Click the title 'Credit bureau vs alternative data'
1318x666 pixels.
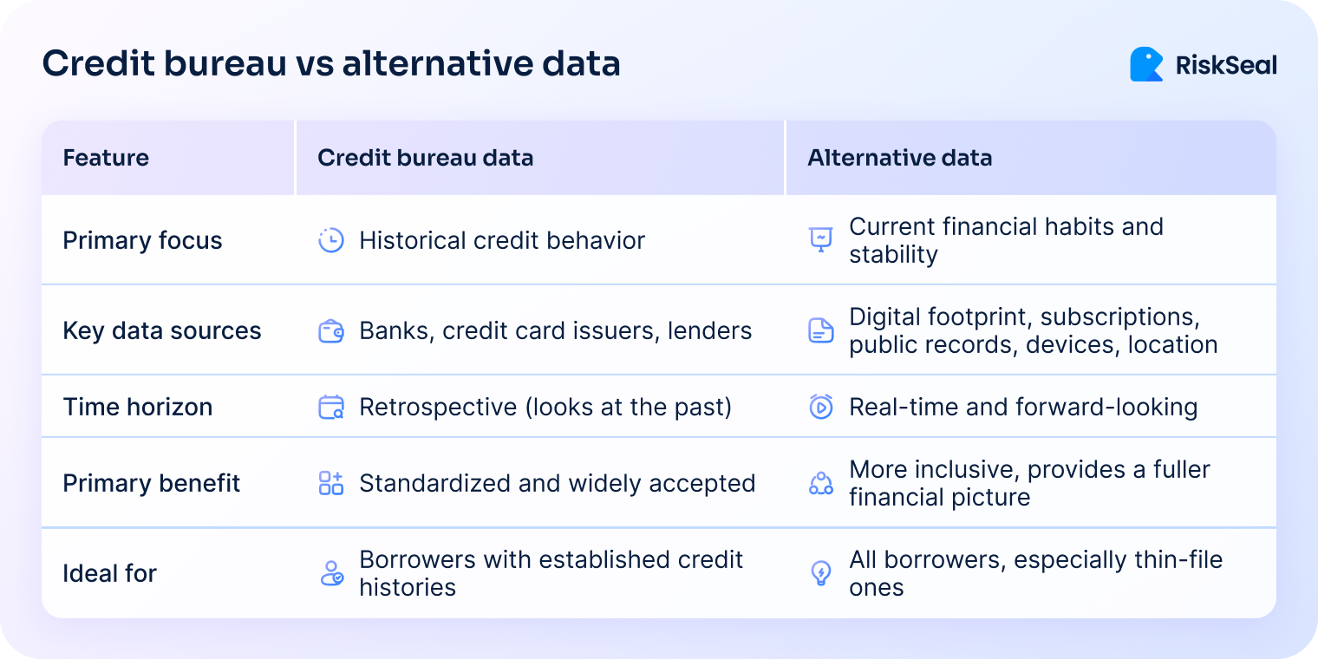coord(331,64)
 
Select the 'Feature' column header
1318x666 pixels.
coord(106,158)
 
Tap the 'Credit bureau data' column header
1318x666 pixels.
coord(425,158)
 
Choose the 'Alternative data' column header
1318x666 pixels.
coord(899,158)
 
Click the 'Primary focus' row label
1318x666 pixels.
coord(142,240)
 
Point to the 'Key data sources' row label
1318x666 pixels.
coord(161,330)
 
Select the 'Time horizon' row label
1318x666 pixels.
coord(137,407)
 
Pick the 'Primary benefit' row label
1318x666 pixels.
coord(151,483)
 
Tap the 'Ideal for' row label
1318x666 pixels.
coord(109,573)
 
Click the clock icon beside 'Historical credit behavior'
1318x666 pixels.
coord(331,240)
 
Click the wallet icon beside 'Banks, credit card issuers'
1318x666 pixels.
coord(331,330)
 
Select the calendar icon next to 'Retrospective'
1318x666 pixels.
coord(331,407)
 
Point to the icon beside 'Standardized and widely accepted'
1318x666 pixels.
coord(331,483)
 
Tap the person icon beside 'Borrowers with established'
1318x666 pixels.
coord(331,573)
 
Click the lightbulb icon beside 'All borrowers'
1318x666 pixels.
coord(820,573)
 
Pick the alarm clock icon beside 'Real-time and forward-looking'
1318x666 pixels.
coord(820,407)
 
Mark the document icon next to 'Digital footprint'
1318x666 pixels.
coord(820,330)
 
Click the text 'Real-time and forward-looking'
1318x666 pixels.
coord(1023,407)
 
